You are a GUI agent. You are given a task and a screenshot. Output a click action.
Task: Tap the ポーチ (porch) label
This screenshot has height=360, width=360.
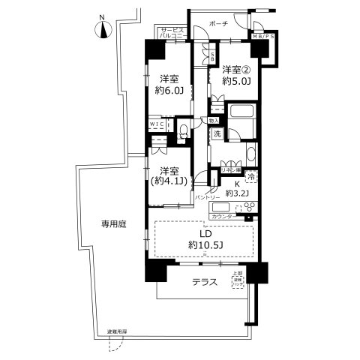220,25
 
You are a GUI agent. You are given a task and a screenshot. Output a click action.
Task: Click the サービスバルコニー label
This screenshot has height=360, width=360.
172,33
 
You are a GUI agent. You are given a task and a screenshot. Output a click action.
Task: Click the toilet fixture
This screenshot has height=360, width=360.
183,131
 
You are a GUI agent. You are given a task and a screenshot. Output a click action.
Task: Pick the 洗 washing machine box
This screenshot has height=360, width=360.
216,133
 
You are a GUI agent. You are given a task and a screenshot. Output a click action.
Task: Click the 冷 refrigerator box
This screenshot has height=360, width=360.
251,177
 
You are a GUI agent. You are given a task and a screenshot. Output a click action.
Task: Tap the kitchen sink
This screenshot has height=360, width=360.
222,207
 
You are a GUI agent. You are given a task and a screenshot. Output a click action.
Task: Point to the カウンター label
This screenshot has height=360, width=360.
222,217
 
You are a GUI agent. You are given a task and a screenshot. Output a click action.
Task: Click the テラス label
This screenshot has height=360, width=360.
204,283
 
